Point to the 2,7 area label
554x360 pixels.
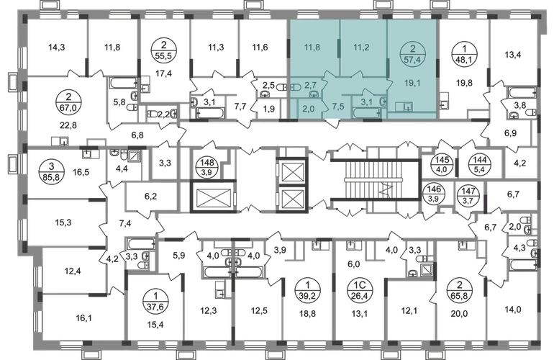(x=311, y=85)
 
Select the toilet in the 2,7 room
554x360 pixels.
(x=296, y=85)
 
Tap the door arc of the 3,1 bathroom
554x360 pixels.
(x=363, y=90)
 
